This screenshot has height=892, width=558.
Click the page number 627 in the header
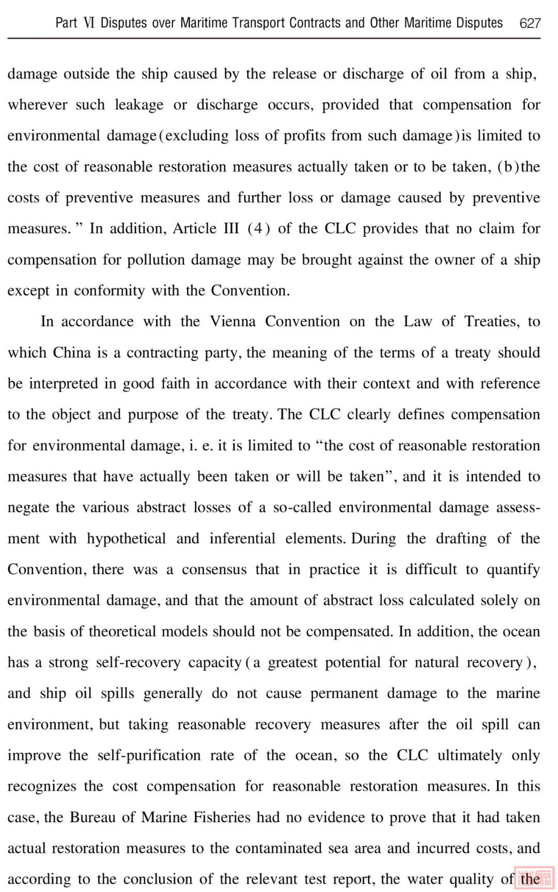click(x=530, y=23)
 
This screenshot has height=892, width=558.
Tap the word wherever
click(x=37, y=105)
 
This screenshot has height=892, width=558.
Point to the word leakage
click(x=139, y=105)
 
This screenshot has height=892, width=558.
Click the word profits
click(x=302, y=136)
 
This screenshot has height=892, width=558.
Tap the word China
click(x=72, y=352)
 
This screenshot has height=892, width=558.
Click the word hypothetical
click(x=126, y=539)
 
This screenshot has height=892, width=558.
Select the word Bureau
click(x=92, y=818)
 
